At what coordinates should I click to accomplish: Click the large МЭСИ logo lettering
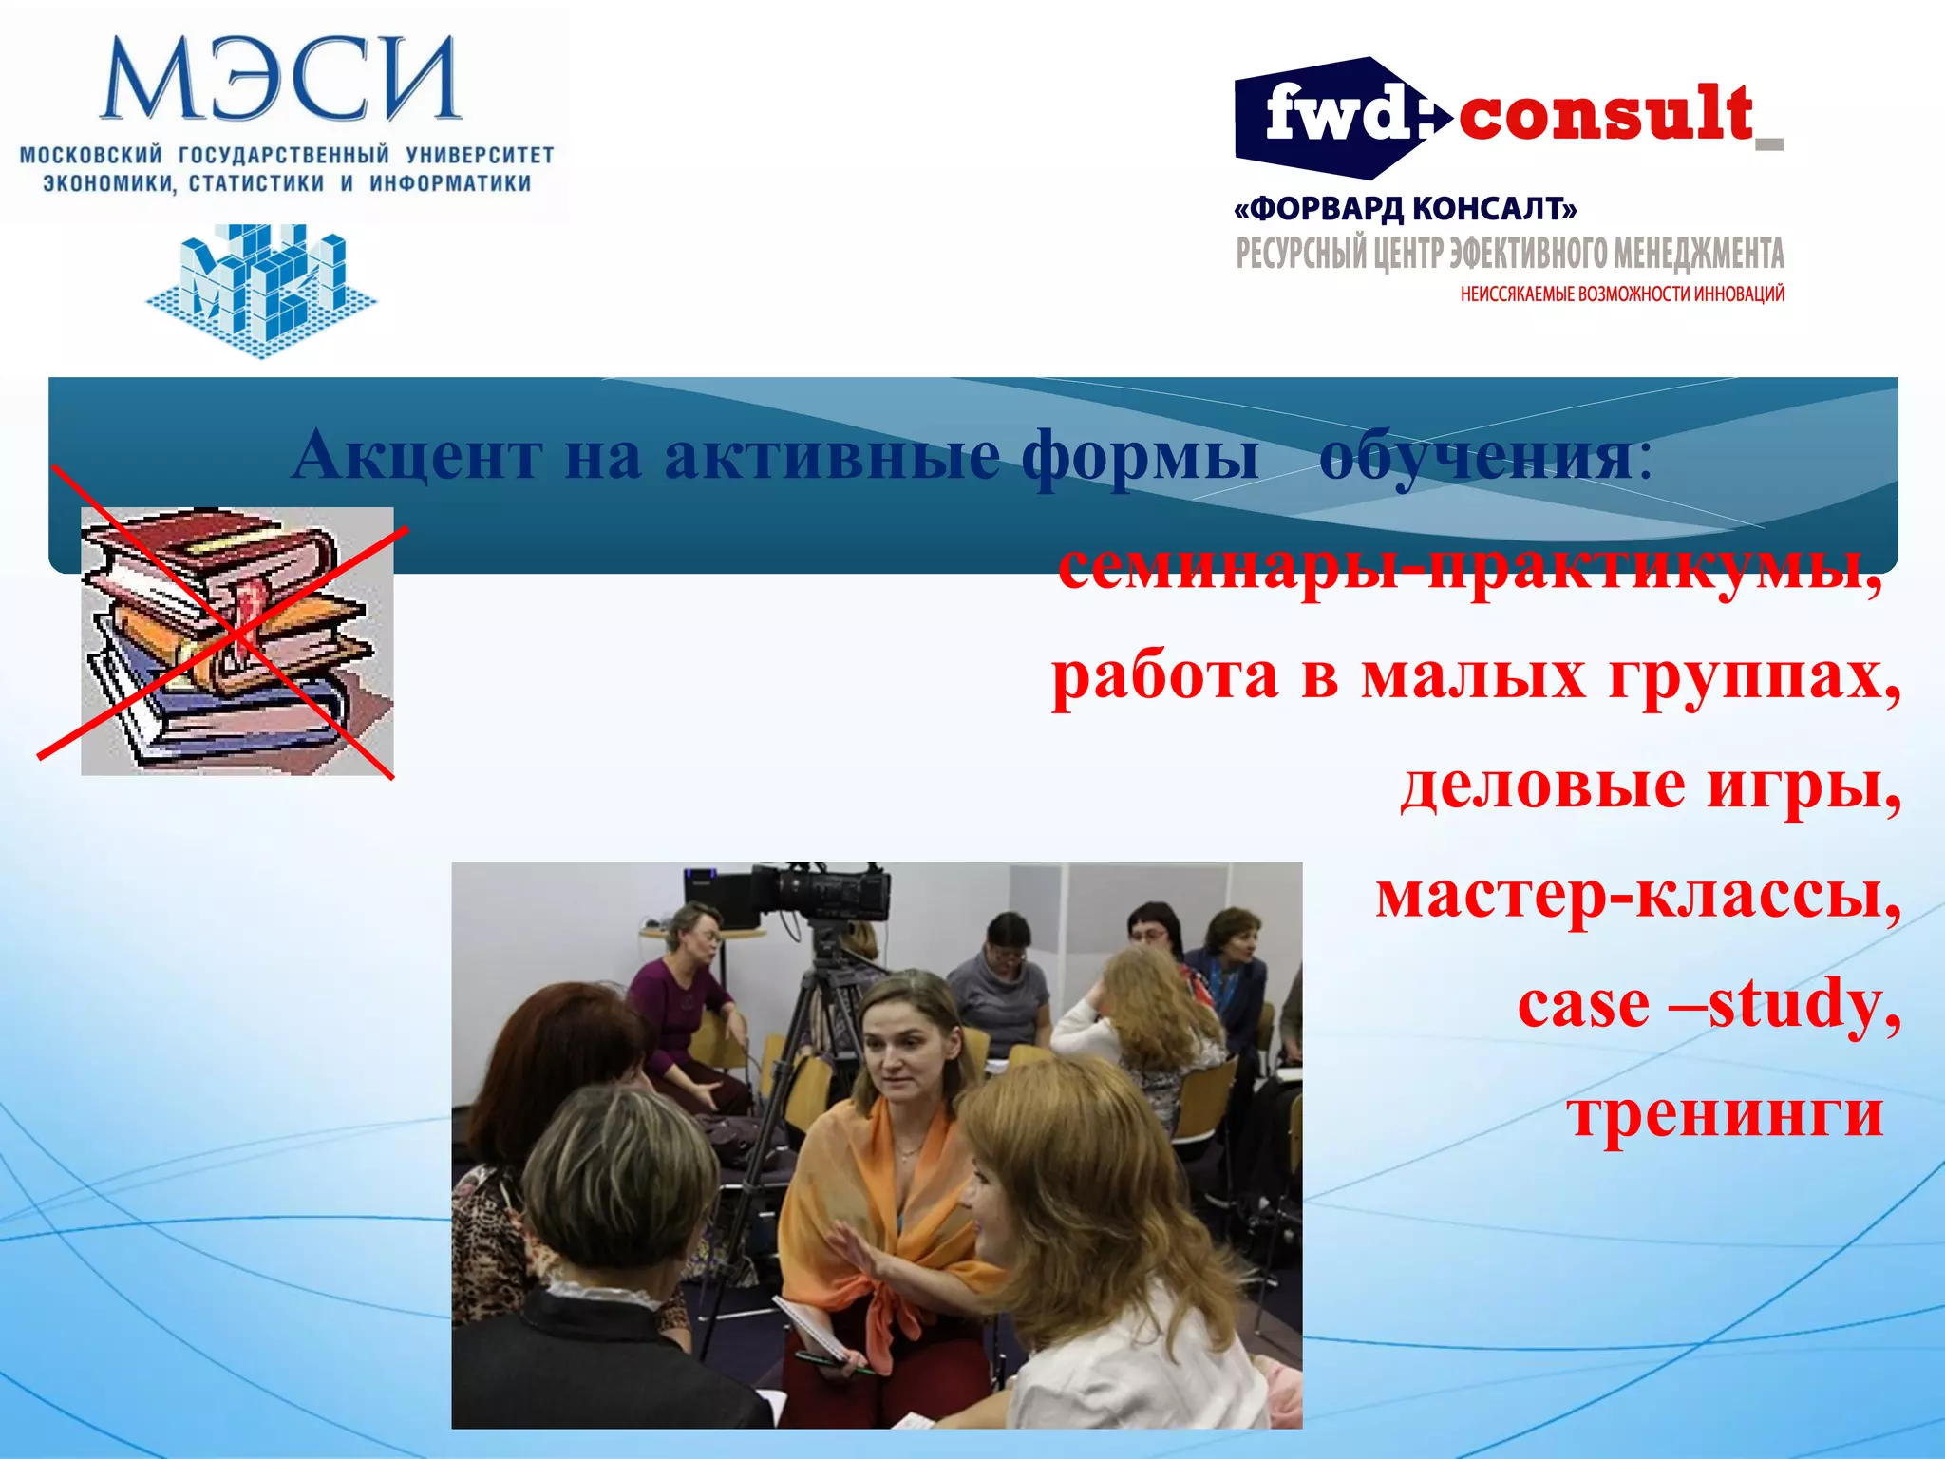click(x=281, y=80)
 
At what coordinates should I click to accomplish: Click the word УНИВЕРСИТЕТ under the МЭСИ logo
click(x=480, y=155)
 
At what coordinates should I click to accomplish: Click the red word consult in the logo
click(x=1605, y=115)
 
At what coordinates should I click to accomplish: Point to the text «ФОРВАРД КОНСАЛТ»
click(x=1405, y=208)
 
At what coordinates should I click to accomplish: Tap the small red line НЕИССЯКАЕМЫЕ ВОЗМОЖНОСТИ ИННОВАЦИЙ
click(x=1622, y=294)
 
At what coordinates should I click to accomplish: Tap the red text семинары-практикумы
click(x=1467, y=568)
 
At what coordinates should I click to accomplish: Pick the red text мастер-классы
click(x=1637, y=895)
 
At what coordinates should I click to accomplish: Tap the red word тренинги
click(x=1724, y=1113)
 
